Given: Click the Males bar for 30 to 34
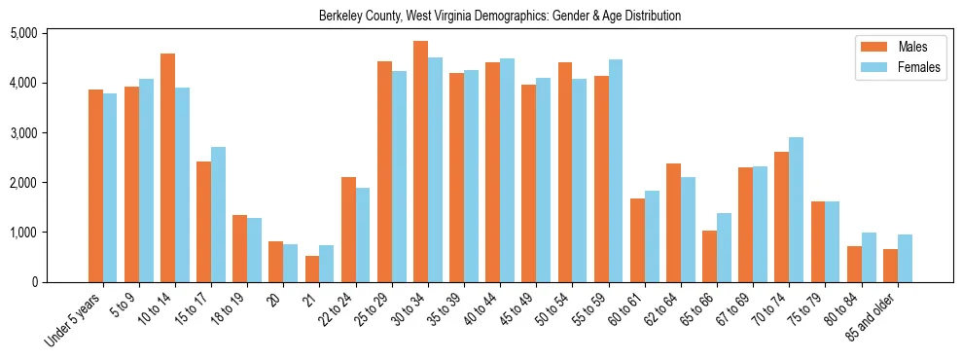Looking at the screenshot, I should pos(420,162).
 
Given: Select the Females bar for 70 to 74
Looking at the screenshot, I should pos(797,209).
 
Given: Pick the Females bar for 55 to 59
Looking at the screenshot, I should pos(616,170).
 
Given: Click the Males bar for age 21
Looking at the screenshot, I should pos(312,269).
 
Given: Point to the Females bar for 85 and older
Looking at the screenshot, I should pos(905,258).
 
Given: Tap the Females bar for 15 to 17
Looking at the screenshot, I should pos(218,214).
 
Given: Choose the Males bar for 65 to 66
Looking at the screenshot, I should pos(710,256).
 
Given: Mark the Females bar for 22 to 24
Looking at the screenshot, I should pos(363,234).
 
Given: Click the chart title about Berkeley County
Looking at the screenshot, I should pos(500,16).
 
